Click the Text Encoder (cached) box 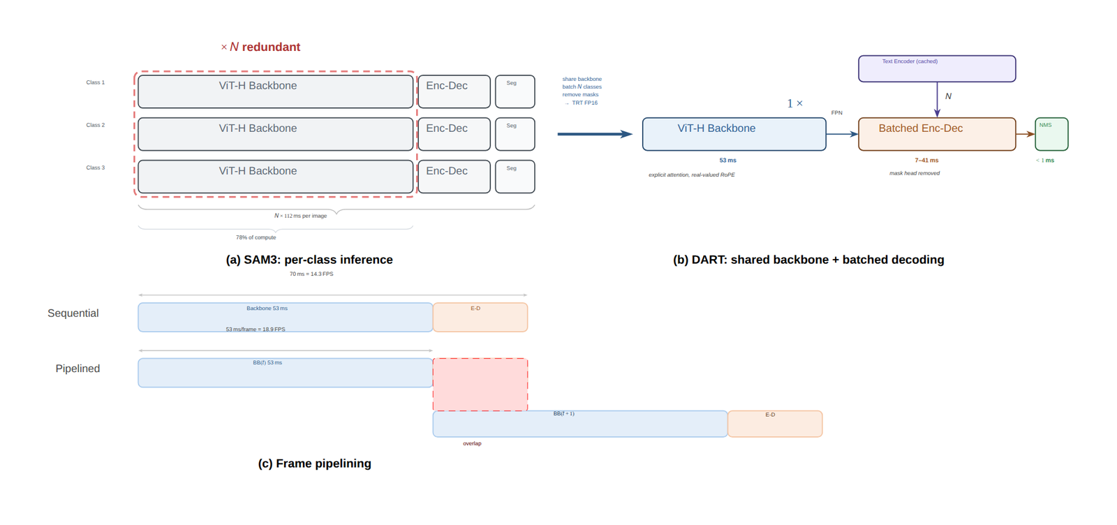pyautogui.click(x=936, y=69)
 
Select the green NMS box pyautogui.click(x=1051, y=134)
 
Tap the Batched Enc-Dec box pyautogui.click(x=936, y=134)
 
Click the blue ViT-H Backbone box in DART pyautogui.click(x=734, y=134)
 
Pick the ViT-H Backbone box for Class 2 pyautogui.click(x=275, y=134)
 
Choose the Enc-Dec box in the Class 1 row pyautogui.click(x=454, y=91)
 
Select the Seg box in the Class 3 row pyautogui.click(x=515, y=177)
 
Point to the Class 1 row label pyautogui.click(x=95, y=82)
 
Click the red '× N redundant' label pyautogui.click(x=260, y=47)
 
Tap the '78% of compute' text pyautogui.click(x=256, y=237)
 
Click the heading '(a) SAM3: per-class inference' pyautogui.click(x=309, y=260)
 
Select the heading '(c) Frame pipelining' pyautogui.click(x=315, y=464)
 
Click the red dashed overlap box pyautogui.click(x=480, y=385)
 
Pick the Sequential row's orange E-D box pyautogui.click(x=480, y=317)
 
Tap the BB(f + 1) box pyautogui.click(x=580, y=424)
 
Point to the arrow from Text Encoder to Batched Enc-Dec pyautogui.click(x=937, y=99)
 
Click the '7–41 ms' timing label pyautogui.click(x=926, y=161)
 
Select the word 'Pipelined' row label pyautogui.click(x=77, y=369)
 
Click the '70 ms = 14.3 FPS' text pyautogui.click(x=311, y=274)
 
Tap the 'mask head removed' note pyautogui.click(x=915, y=173)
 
